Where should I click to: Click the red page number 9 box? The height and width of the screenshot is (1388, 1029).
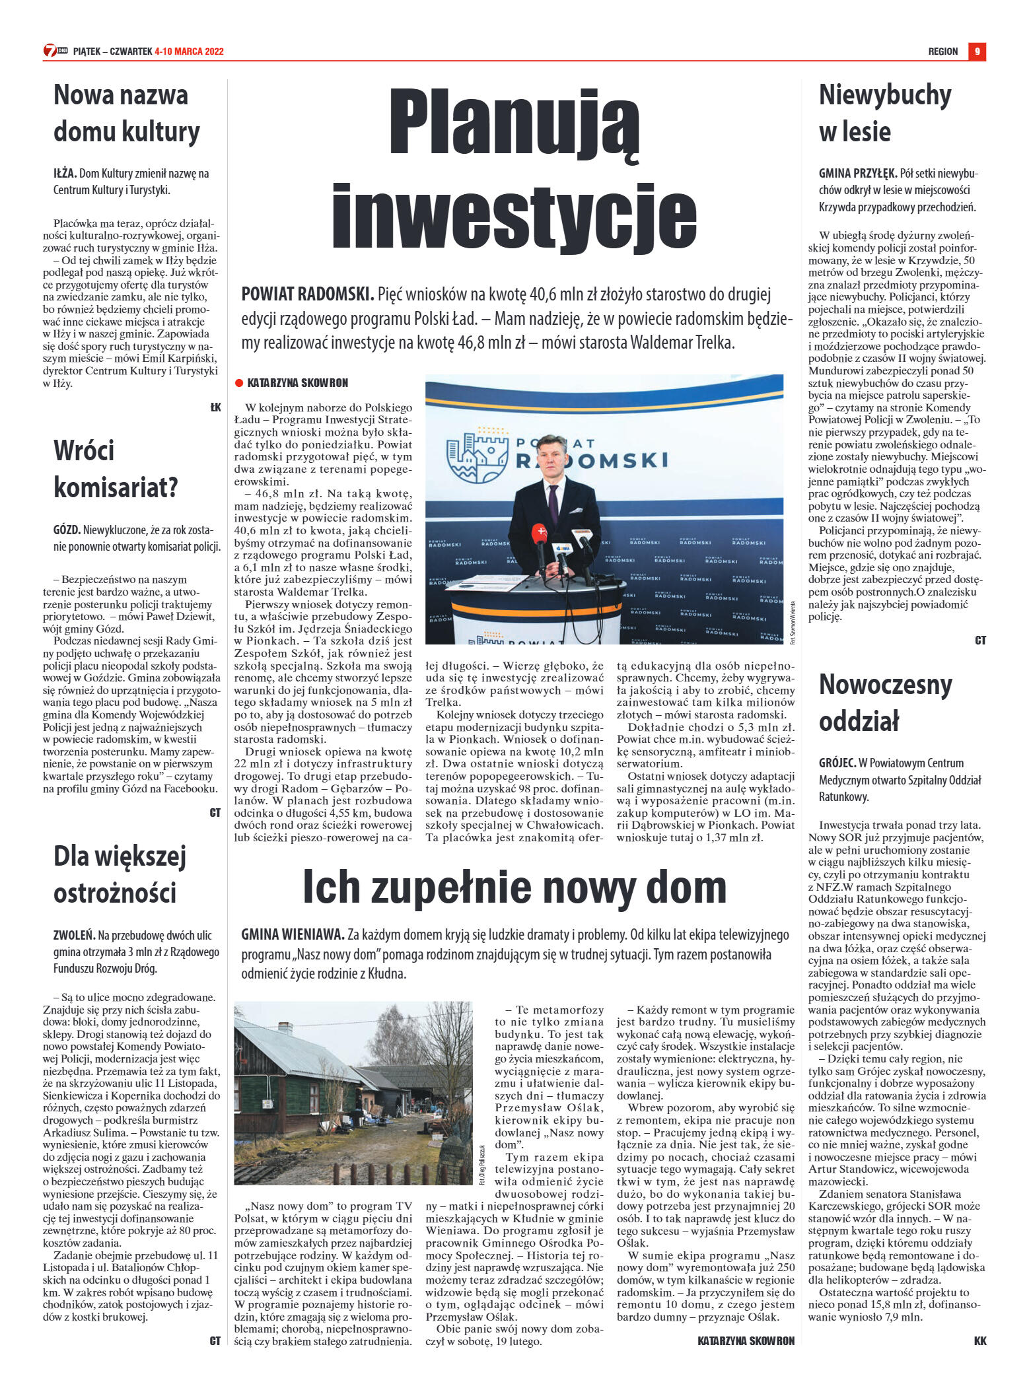tap(977, 52)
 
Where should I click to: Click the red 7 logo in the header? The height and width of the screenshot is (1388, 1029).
tap(50, 51)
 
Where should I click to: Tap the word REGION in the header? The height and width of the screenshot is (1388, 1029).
tap(942, 52)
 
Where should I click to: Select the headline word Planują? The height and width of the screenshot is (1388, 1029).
tap(514, 123)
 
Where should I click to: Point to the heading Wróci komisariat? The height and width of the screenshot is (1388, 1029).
tap(116, 469)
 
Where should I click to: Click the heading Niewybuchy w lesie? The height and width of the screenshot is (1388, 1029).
tap(884, 113)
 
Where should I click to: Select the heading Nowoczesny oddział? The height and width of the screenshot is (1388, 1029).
tap(885, 703)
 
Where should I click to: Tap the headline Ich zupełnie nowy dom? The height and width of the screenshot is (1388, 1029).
tap(514, 887)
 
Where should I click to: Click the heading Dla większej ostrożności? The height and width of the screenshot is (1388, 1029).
tap(120, 874)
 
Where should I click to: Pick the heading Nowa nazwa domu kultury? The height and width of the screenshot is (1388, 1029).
tap(126, 113)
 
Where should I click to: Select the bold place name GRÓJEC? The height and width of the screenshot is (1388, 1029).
tap(837, 763)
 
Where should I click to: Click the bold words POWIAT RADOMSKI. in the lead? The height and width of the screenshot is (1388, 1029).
tap(308, 295)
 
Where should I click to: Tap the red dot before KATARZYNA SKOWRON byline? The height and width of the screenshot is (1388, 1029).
tap(239, 383)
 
